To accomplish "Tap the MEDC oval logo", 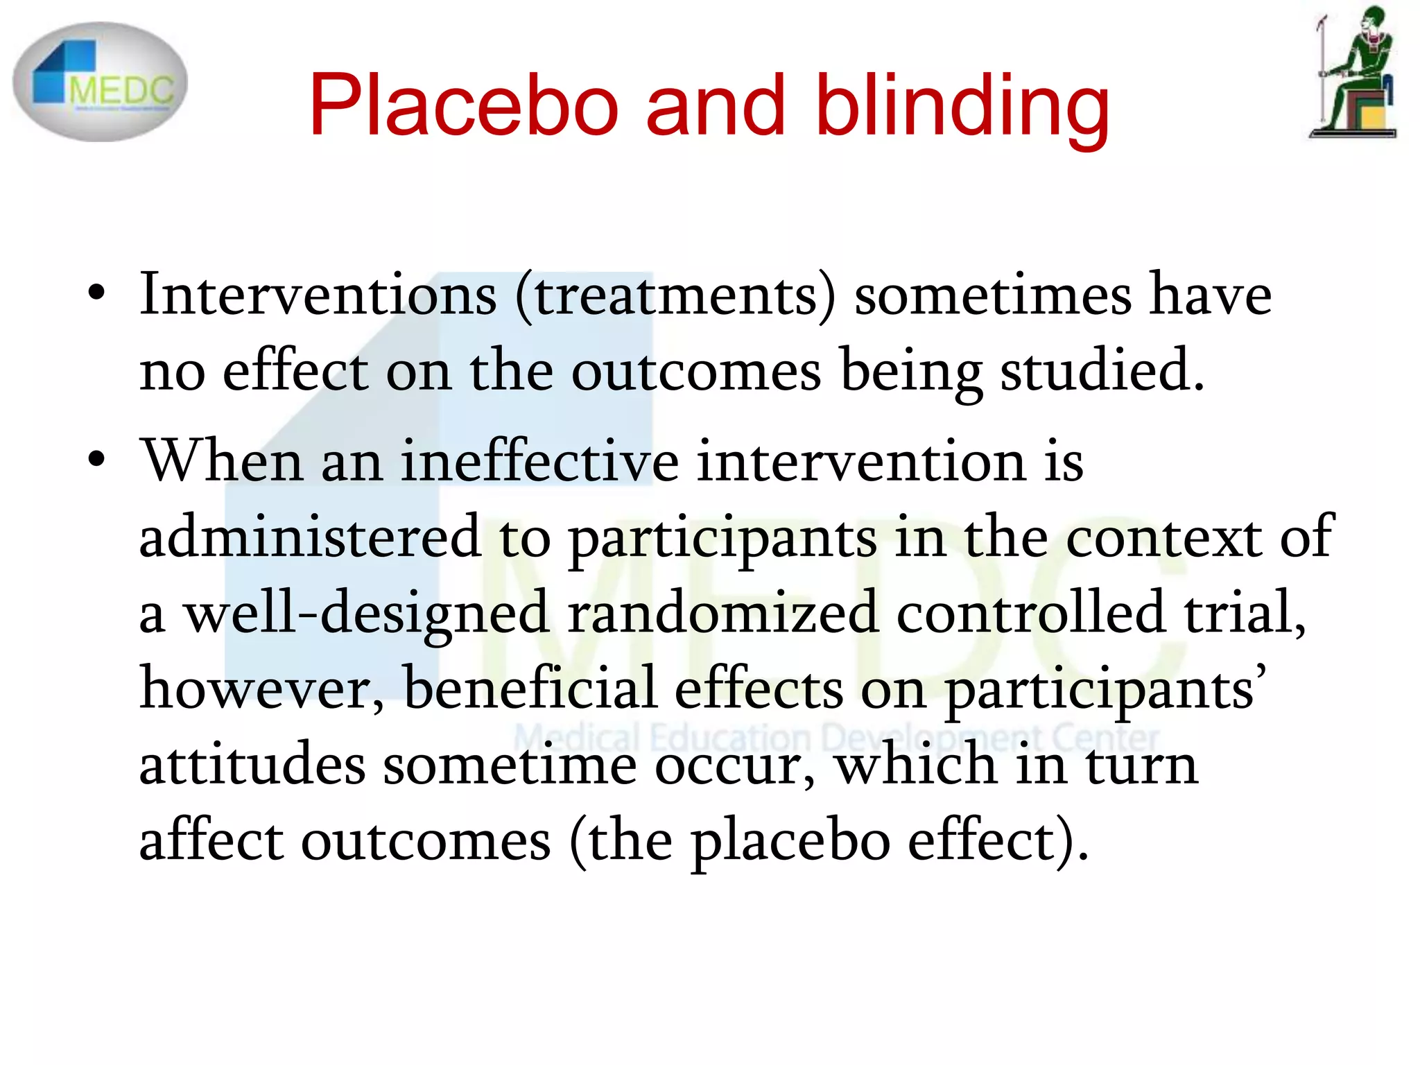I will click(100, 82).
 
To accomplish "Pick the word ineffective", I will click(540, 461).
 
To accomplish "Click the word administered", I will click(310, 537).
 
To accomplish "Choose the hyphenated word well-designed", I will click(367, 614).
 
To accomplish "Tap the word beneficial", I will click(530, 688).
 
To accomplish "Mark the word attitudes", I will click(252, 764).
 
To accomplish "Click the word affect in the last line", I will click(211, 840).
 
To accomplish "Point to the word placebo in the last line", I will click(790, 841).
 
